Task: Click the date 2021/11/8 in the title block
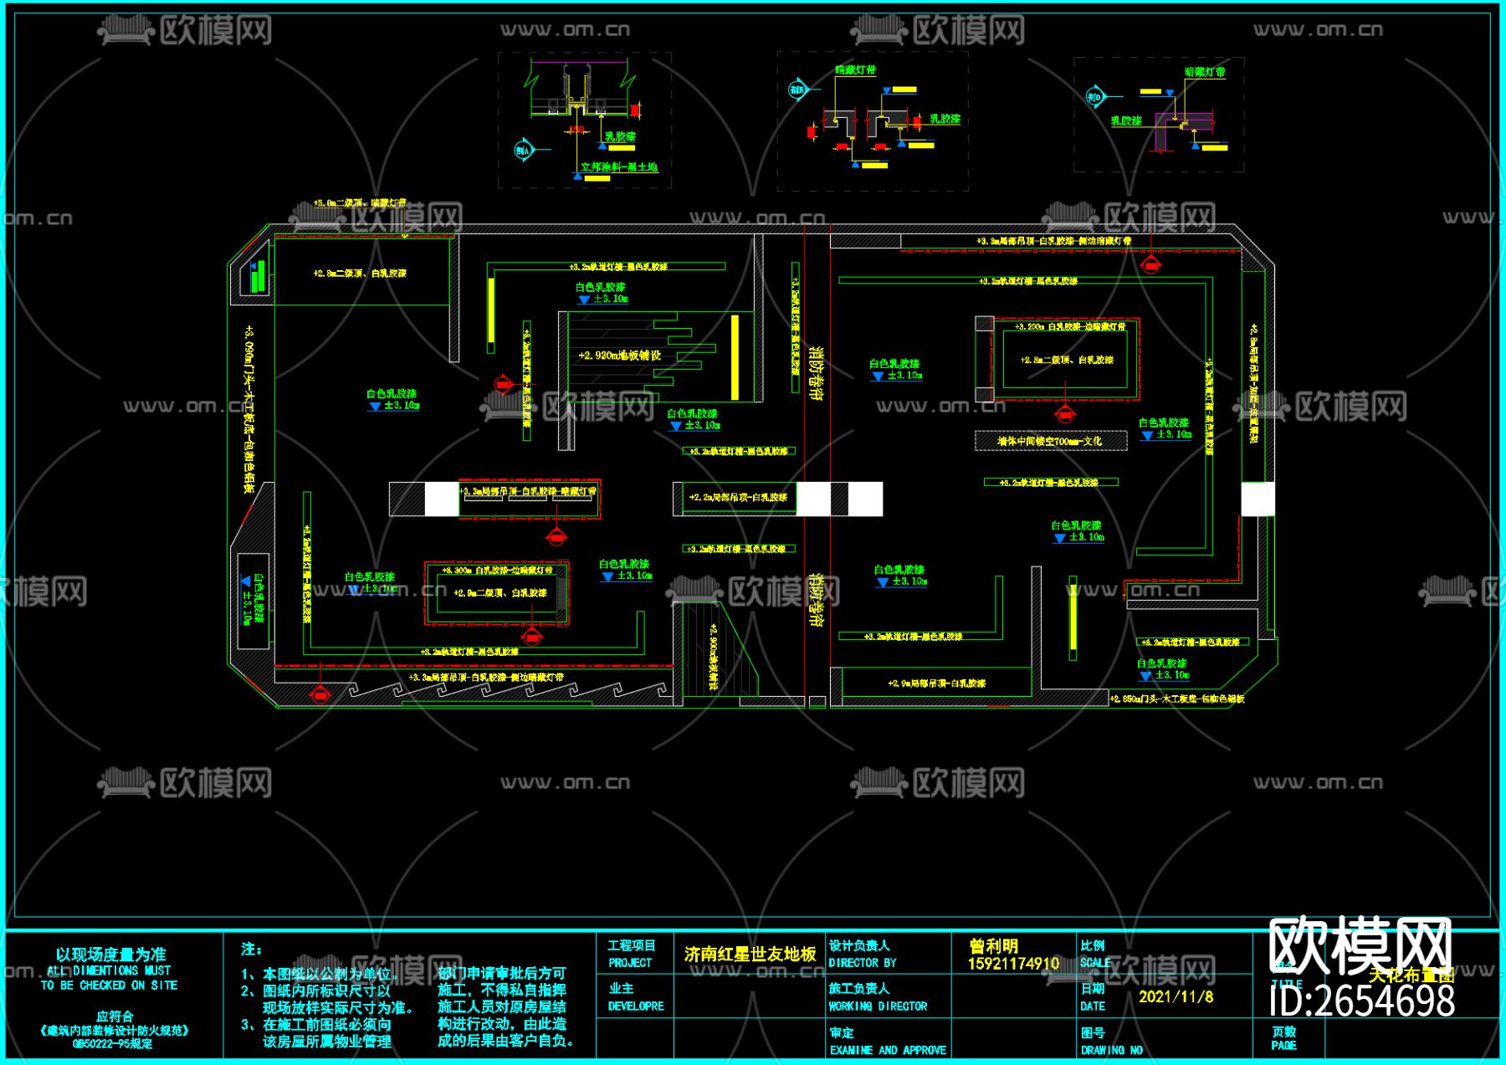click(x=1176, y=996)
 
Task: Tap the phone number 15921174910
click(x=1013, y=964)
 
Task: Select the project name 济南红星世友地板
click(x=750, y=955)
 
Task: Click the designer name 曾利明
click(x=994, y=946)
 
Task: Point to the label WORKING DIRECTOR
click(x=878, y=1006)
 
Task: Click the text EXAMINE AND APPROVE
click(x=888, y=1050)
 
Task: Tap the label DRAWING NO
click(x=1111, y=1050)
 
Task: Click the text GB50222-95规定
click(x=112, y=1044)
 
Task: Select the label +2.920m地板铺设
click(x=619, y=356)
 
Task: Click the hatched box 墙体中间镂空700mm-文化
click(x=1050, y=441)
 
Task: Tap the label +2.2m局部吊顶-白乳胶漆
click(x=738, y=498)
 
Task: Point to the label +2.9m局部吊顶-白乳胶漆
click(x=936, y=684)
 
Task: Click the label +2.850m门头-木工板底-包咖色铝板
click(x=1176, y=699)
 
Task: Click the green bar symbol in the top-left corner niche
click(x=259, y=276)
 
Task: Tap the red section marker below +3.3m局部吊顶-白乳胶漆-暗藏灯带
click(x=556, y=536)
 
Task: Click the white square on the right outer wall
click(x=1257, y=499)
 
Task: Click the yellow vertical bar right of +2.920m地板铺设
click(x=735, y=357)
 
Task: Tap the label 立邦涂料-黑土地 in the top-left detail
click(x=619, y=167)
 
